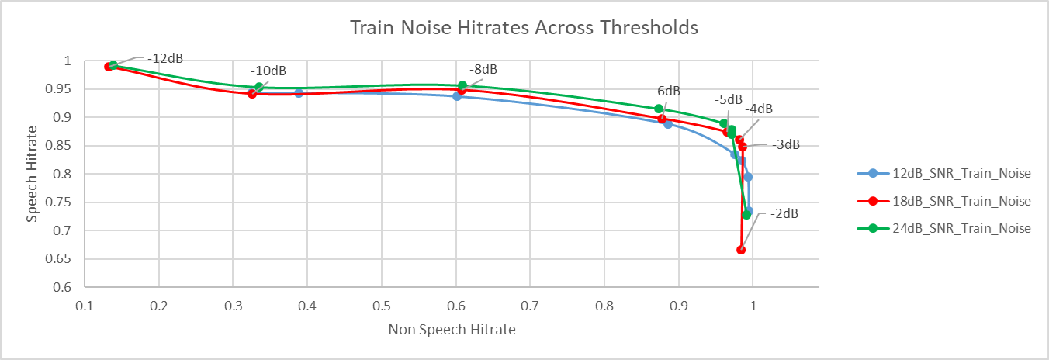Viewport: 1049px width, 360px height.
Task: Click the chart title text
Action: [524, 28]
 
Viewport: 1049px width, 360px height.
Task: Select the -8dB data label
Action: [483, 69]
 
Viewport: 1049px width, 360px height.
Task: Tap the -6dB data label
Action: [666, 91]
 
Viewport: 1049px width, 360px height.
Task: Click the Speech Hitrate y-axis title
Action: [32, 174]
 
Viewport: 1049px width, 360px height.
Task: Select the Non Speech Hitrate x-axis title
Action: [452, 329]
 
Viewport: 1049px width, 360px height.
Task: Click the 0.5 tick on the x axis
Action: [382, 307]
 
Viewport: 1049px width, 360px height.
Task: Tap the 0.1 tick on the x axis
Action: [85, 307]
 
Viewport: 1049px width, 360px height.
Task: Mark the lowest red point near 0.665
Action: [741, 250]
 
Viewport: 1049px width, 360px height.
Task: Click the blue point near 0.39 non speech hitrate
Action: [299, 93]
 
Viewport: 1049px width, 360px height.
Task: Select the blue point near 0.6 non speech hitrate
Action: [457, 96]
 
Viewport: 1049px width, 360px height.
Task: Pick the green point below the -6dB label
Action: [659, 109]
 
